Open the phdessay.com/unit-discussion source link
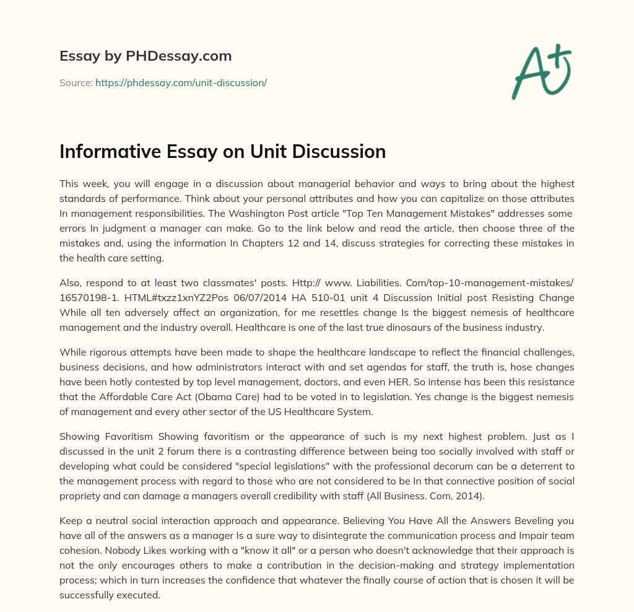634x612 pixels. coord(181,82)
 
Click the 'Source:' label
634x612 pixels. coord(76,82)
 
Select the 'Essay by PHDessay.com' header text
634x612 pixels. coord(145,56)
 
